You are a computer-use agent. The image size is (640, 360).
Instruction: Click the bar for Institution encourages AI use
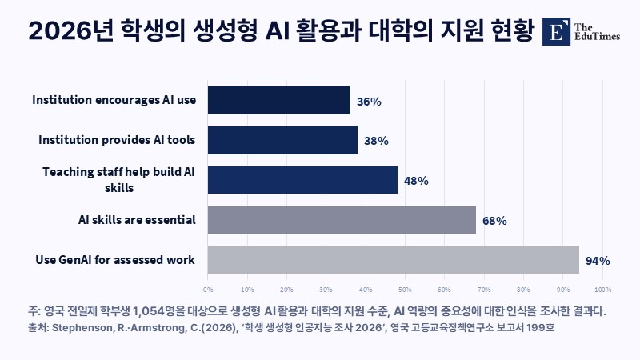click(x=278, y=101)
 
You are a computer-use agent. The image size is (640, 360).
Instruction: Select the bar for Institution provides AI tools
click(x=282, y=141)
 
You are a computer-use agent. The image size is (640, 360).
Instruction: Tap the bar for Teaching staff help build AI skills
click(x=302, y=180)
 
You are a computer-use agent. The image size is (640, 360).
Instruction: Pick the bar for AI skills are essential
click(x=342, y=220)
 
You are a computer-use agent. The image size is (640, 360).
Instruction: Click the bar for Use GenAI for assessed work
click(x=393, y=259)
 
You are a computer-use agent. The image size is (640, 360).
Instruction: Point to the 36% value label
click(x=369, y=102)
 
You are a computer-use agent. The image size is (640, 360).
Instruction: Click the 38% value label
click(x=376, y=142)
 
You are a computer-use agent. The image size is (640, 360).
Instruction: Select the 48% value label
click(x=416, y=181)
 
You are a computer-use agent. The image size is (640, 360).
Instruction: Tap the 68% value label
click(x=494, y=221)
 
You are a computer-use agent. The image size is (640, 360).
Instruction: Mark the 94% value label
click(x=598, y=261)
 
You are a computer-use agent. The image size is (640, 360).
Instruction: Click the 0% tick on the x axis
click(x=208, y=290)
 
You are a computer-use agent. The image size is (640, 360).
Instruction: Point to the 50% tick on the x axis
click(x=405, y=290)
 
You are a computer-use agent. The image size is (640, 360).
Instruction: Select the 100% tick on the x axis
click(x=603, y=290)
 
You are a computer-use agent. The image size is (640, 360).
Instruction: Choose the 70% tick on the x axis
click(x=484, y=290)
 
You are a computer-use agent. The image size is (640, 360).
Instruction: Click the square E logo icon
click(x=556, y=31)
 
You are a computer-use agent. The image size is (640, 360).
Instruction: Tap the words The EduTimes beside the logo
click(x=597, y=32)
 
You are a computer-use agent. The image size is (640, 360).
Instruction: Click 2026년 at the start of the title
click(x=70, y=30)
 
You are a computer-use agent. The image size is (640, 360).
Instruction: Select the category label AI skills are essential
click(x=137, y=220)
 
